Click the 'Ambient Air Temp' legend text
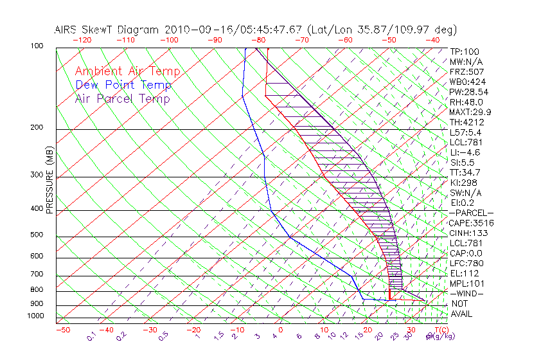point(127,71)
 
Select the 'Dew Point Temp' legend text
point(123,85)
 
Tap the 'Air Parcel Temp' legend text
point(122,98)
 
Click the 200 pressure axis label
point(37,127)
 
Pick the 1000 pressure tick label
point(35,316)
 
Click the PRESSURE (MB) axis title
point(49,180)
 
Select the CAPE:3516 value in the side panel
point(471,223)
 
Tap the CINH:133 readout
point(468,233)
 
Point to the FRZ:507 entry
point(466,71)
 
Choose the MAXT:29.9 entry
point(470,112)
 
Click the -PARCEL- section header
point(471,213)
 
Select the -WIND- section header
point(466,293)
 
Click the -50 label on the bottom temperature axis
point(62,330)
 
